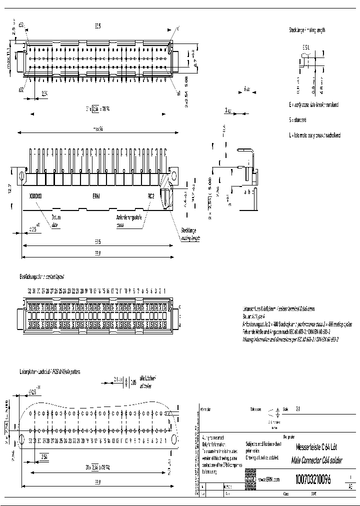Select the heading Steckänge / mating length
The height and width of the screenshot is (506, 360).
click(x=307, y=30)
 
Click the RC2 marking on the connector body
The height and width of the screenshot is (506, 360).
click(x=151, y=196)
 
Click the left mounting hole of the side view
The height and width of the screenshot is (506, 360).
click(x=22, y=176)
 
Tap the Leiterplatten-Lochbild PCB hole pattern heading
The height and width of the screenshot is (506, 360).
click(x=50, y=372)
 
